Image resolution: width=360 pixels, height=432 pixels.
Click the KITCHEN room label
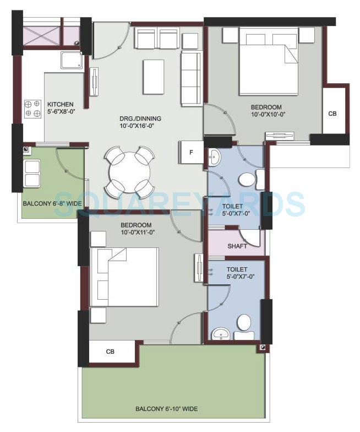click(x=60, y=105)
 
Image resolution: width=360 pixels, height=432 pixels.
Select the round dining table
click(x=128, y=171)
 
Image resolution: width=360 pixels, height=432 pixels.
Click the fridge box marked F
click(x=191, y=152)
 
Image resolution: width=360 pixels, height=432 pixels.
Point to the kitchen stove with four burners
click(x=32, y=109)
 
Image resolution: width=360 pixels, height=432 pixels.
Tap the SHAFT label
click(x=237, y=246)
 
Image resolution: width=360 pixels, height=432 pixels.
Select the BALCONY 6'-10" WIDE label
click(x=166, y=409)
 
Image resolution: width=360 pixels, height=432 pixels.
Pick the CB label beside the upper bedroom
click(x=332, y=114)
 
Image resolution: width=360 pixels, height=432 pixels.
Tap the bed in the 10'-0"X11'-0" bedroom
click(x=124, y=276)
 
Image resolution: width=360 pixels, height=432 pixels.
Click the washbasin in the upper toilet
click(x=214, y=158)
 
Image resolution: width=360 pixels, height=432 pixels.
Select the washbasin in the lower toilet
click(x=222, y=333)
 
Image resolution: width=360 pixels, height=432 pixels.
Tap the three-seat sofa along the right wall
click(x=191, y=78)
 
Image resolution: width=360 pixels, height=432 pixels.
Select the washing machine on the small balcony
click(x=32, y=172)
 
